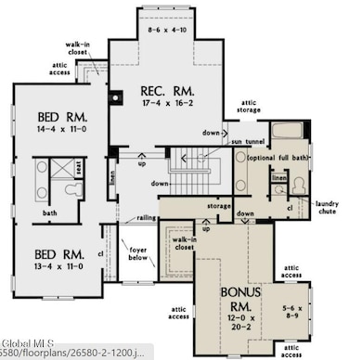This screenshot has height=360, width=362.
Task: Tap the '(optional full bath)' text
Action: point(278,159)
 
